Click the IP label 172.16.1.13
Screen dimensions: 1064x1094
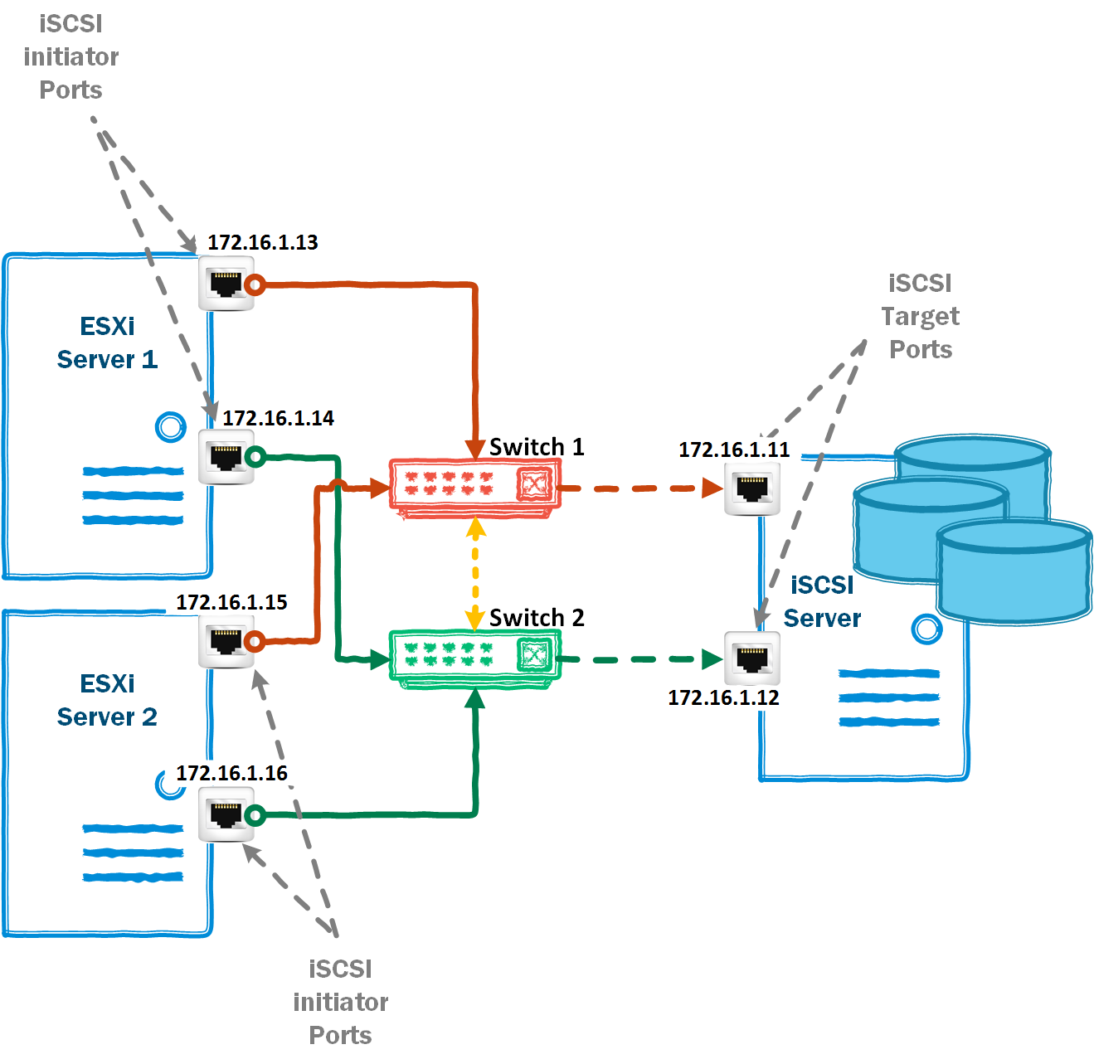pos(262,242)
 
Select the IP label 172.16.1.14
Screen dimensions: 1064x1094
pos(278,418)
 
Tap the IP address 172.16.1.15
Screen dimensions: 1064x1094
pos(231,602)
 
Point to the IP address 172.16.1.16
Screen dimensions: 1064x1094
pos(231,773)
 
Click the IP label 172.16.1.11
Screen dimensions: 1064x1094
pos(734,449)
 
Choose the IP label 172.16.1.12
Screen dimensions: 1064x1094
pos(723,697)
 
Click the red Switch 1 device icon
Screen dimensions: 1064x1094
pos(474,488)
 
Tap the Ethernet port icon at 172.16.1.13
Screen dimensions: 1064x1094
pos(226,284)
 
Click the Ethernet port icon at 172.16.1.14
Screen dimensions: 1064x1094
pos(226,457)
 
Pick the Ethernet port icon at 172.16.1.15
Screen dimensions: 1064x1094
pos(226,641)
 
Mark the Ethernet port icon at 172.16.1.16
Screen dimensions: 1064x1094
pos(226,814)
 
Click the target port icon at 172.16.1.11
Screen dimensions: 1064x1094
pos(751,488)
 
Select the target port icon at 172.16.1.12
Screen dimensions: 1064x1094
pos(751,658)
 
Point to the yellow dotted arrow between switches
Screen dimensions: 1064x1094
pos(475,573)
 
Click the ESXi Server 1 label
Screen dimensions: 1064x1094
pos(107,343)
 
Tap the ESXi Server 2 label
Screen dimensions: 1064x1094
pos(107,700)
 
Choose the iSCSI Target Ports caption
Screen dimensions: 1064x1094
pos(920,316)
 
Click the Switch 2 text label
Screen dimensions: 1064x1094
pos(537,618)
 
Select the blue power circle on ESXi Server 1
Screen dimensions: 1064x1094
pos(171,427)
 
